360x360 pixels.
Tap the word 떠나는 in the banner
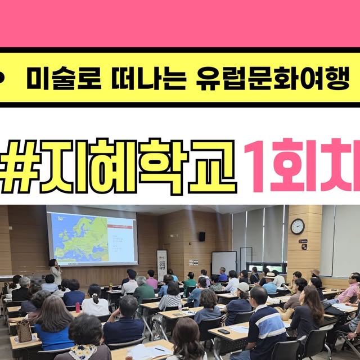138,80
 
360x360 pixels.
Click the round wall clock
298,226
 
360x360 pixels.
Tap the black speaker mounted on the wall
202,236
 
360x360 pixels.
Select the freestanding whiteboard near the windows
223,262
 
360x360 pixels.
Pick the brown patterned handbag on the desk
25,331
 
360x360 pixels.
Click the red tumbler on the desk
78,307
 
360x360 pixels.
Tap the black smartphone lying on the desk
223,331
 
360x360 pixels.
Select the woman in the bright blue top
55,323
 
